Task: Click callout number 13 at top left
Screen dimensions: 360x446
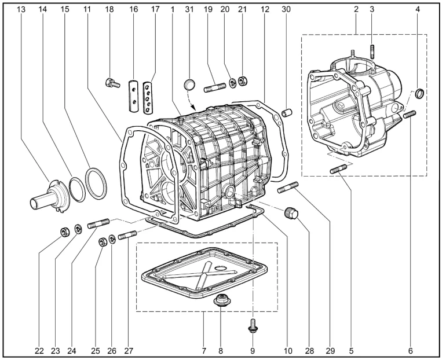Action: click(x=21, y=9)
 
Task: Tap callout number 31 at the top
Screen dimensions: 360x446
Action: click(x=188, y=9)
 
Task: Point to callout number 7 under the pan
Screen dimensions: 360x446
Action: click(x=204, y=351)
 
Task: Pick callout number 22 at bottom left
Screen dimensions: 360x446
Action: click(x=38, y=351)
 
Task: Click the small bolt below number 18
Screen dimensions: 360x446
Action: click(x=111, y=83)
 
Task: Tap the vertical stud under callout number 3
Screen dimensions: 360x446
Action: click(x=372, y=49)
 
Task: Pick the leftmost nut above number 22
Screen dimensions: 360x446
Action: click(x=65, y=232)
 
